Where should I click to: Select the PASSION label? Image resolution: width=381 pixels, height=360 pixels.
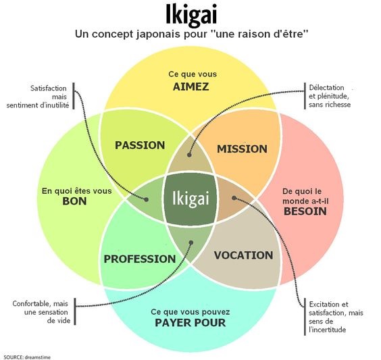pyautogui.click(x=140, y=145)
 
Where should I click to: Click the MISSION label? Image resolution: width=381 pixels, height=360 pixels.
pyautogui.click(x=242, y=149)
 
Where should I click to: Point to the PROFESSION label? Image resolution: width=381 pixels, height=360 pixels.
pyautogui.click(x=140, y=259)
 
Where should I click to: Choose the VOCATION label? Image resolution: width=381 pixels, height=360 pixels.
pyautogui.click(x=243, y=255)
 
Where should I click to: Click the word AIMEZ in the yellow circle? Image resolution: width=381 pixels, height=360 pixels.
pyautogui.click(x=190, y=86)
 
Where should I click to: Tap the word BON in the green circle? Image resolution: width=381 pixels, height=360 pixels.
pyautogui.click(x=74, y=201)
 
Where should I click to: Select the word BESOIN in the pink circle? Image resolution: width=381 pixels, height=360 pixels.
pyautogui.click(x=305, y=211)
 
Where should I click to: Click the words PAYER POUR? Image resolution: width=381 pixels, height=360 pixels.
pyautogui.click(x=190, y=323)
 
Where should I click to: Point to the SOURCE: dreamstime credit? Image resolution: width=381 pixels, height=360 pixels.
pyautogui.click(x=28, y=357)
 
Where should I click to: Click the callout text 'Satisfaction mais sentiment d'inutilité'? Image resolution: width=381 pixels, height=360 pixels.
pyautogui.click(x=38, y=97)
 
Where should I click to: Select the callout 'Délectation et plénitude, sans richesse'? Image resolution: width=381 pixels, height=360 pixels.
pyautogui.click(x=330, y=96)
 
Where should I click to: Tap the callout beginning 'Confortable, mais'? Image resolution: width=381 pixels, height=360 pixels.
pyautogui.click(x=41, y=312)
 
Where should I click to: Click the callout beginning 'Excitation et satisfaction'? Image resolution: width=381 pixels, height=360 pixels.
pyautogui.click(x=336, y=317)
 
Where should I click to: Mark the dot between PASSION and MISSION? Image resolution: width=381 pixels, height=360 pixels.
pyautogui.click(x=189, y=155)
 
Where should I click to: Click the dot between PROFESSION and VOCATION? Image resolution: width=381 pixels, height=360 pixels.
pyautogui.click(x=191, y=242)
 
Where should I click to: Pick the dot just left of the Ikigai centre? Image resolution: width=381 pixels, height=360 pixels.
pyautogui.click(x=146, y=199)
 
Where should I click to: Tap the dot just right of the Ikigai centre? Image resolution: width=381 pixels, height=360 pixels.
pyautogui.click(x=234, y=198)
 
